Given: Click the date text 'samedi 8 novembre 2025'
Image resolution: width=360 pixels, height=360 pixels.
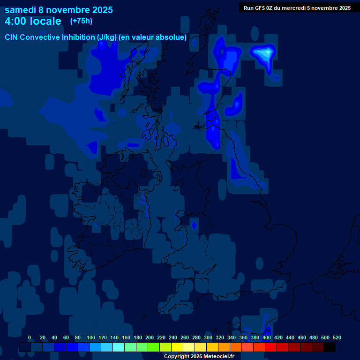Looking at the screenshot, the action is [x=59, y=10].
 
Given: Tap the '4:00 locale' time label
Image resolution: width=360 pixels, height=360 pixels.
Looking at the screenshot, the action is [x=33, y=21].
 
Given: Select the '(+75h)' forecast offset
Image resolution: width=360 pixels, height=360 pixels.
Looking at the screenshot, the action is [x=81, y=21].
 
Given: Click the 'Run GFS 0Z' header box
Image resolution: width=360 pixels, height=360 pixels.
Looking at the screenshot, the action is [x=297, y=7].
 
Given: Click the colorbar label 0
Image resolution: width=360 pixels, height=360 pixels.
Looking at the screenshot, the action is [x=30, y=337].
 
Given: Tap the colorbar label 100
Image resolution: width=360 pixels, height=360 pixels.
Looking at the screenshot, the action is [x=91, y=337].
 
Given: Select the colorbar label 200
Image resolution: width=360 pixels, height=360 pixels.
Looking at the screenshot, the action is [x=150, y=337].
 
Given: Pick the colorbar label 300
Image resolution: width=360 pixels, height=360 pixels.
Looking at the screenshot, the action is [x=208, y=337].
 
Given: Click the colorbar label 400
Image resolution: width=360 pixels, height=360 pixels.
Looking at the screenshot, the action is [x=267, y=337].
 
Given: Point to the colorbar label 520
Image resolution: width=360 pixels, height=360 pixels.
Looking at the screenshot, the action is [x=337, y=337].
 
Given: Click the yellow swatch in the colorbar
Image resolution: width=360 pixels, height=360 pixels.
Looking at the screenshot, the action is [x=177, y=347].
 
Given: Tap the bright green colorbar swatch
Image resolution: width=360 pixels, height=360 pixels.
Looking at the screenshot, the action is [x=154, y=347].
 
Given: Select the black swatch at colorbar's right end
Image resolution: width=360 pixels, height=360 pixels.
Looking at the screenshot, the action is [x=330, y=347].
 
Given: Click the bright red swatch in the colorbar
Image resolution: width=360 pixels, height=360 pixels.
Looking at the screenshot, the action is [x=271, y=347].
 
